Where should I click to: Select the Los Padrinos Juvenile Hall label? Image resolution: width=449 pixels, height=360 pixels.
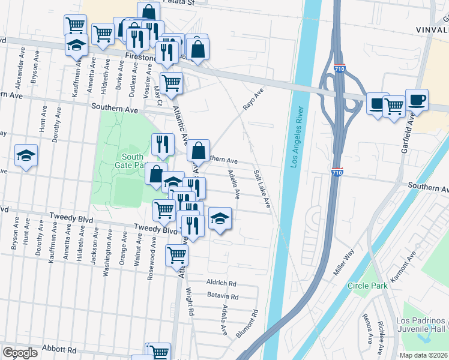[421, 325]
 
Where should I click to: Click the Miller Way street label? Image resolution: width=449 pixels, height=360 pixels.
[345, 263]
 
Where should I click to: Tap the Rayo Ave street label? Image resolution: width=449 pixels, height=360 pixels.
[253, 100]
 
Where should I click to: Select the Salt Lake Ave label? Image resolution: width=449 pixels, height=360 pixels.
[262, 189]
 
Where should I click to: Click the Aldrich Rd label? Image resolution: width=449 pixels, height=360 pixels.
[221, 283]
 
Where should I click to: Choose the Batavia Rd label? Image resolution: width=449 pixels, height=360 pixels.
[223, 296]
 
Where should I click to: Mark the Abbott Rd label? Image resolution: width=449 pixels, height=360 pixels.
[59, 350]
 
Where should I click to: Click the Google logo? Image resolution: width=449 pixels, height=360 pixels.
[20, 353]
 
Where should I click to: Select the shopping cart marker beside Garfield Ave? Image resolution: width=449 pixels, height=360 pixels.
[394, 106]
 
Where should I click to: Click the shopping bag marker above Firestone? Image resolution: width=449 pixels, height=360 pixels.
[148, 11]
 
